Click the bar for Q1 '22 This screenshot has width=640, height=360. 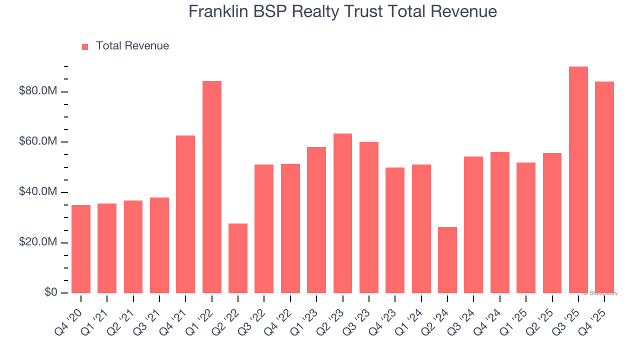point(212,187)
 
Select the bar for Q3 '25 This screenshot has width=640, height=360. point(578,180)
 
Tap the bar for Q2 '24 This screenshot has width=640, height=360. point(447,260)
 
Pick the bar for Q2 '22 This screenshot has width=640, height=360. point(238,258)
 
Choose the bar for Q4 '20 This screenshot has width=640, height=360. point(81,249)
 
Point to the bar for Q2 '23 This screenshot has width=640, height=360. point(342,213)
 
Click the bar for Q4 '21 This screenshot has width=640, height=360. point(185,214)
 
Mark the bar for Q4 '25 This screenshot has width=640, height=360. point(604,187)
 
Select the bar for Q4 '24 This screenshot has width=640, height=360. point(500,222)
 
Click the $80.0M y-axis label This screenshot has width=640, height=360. point(38,91)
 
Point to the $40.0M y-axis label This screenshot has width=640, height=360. point(38,192)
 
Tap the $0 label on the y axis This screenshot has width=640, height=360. point(51,292)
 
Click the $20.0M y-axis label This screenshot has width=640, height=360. point(38,242)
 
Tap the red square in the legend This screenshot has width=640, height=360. point(85,46)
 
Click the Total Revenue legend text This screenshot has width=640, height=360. point(132,46)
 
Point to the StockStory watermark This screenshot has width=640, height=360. point(600,293)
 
